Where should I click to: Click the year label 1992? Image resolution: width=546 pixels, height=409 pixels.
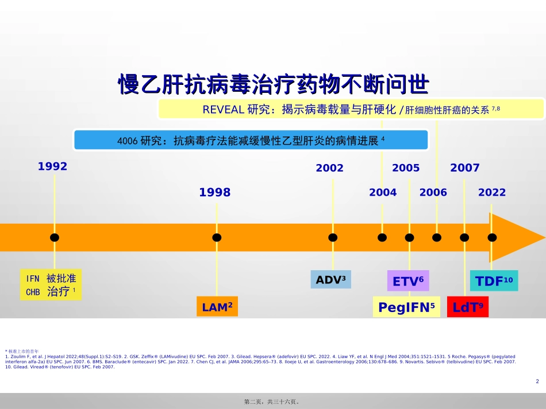53,166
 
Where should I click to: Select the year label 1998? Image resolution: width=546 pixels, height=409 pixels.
214,193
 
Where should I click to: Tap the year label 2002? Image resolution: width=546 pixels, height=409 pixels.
329,168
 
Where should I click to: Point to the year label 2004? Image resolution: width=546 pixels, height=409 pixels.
383,193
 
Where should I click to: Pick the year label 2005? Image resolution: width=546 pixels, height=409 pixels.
406,168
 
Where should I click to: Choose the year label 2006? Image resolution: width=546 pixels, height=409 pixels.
433,193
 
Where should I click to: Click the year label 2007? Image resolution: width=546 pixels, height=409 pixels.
464,168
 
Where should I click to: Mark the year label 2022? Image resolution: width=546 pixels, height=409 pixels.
492,193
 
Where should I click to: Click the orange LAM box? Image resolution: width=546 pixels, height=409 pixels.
217,307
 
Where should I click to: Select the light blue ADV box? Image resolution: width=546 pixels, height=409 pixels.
330,280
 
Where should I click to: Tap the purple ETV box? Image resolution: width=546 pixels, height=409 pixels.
408,281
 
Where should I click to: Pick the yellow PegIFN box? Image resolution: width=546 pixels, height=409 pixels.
407,307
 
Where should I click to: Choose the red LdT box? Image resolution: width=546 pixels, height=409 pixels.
467,307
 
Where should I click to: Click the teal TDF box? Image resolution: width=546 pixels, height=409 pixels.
494,281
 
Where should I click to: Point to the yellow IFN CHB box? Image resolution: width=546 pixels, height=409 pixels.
51,285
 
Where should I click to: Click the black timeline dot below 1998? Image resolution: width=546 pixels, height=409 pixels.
217,237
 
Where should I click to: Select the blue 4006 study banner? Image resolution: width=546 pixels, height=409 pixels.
251,140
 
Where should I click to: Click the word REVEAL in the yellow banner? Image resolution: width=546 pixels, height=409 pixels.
224,110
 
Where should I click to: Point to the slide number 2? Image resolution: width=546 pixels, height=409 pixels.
537,381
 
